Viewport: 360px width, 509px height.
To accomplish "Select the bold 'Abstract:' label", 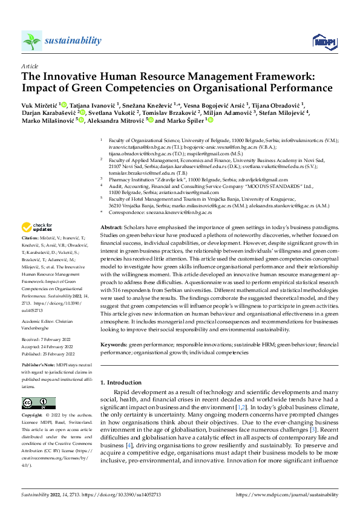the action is click(111, 225).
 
